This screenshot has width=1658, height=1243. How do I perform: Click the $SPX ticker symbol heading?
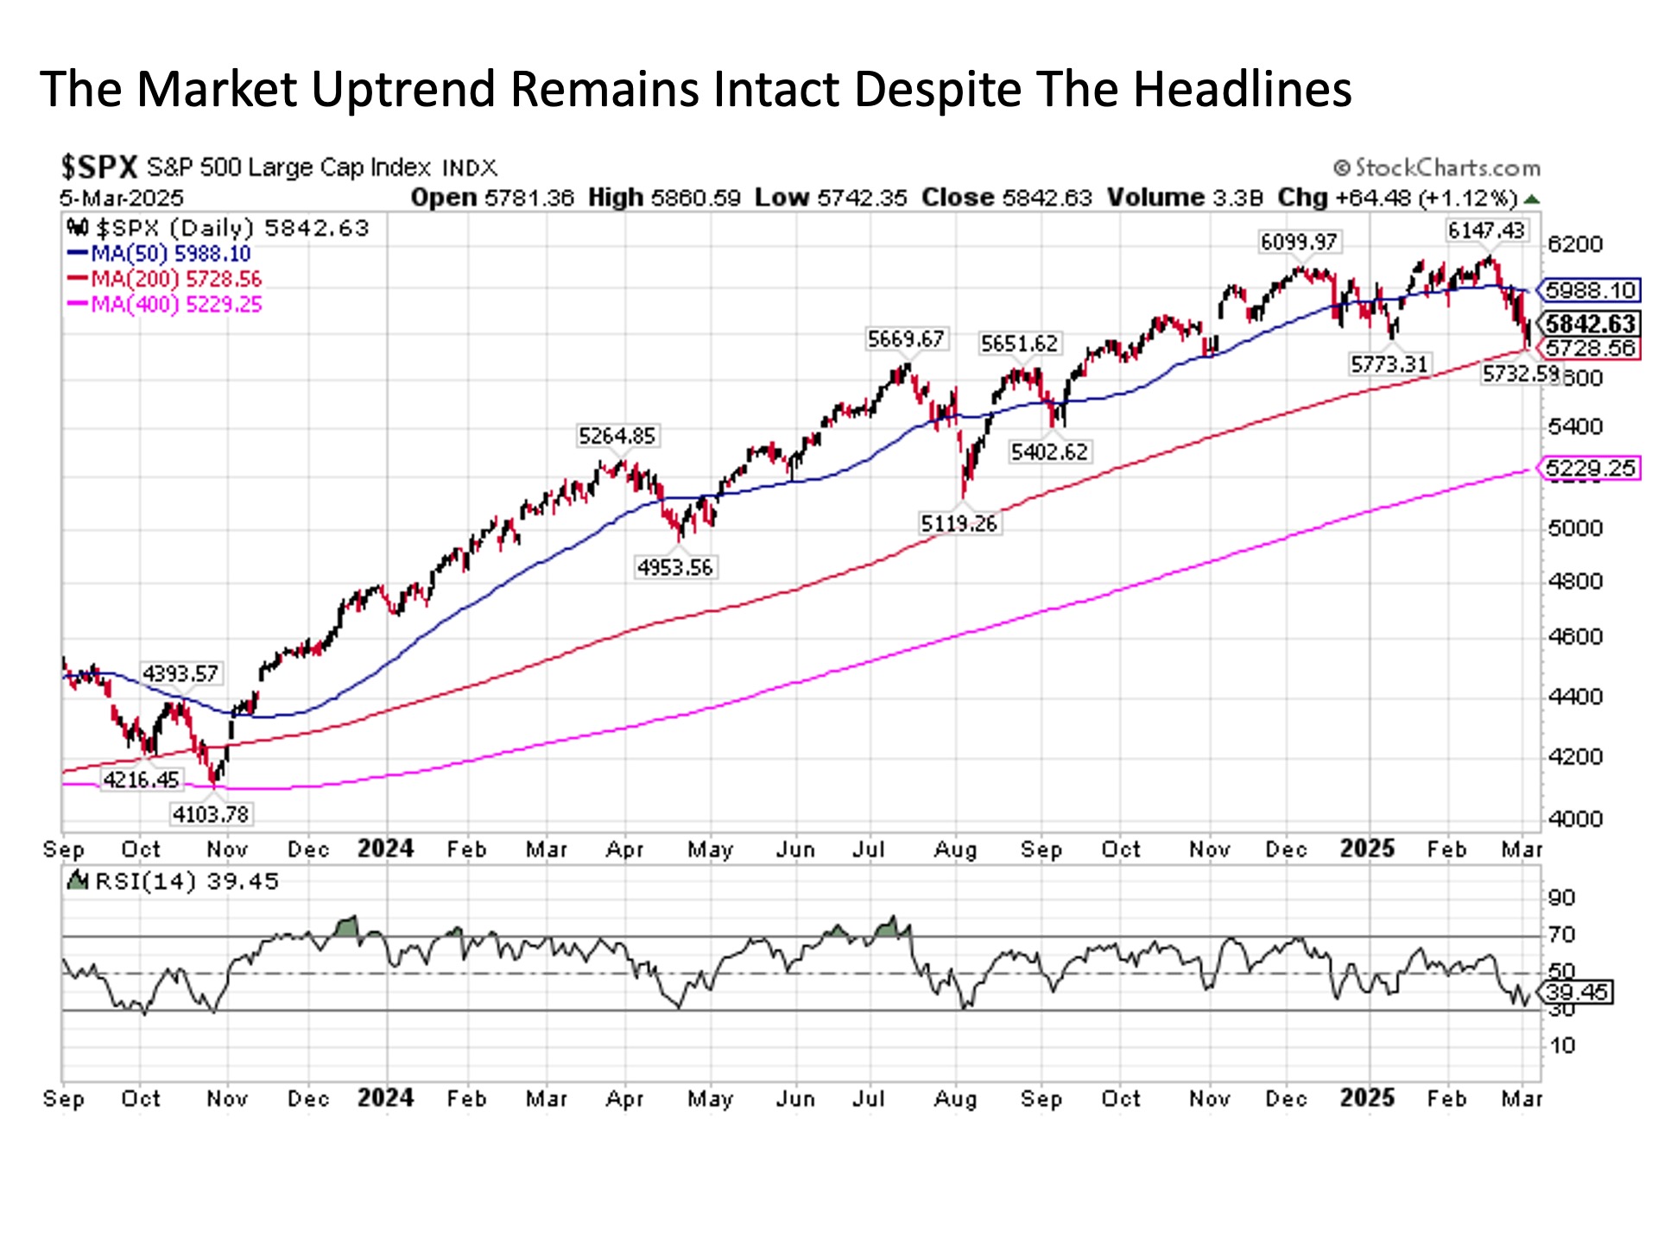98,167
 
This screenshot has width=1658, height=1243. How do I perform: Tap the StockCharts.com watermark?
1437,167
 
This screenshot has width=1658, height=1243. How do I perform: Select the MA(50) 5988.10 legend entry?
161,254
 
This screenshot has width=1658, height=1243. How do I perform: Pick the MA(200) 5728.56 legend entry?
166,279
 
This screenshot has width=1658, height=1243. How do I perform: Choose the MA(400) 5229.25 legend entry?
166,304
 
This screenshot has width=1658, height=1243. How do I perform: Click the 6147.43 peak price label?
1486,230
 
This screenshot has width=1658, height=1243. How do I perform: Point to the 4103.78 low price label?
211,814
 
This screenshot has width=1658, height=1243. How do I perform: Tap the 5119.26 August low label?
959,523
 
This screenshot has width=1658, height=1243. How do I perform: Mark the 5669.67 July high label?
906,339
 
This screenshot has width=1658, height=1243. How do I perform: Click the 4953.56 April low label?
675,567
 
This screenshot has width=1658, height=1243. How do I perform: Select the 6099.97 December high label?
1299,243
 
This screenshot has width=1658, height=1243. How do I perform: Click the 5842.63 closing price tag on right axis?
1591,324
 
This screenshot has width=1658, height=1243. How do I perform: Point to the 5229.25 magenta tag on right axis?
1591,469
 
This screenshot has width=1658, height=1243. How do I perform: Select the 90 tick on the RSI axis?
1561,898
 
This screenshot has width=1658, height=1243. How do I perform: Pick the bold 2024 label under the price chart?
385,849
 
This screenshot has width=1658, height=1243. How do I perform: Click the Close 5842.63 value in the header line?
1007,198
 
